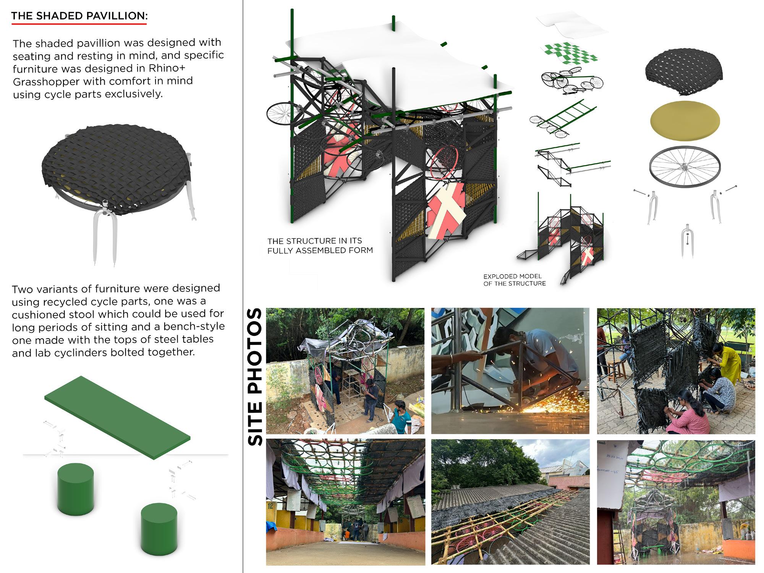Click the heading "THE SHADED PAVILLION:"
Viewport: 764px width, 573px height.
[x=79, y=16]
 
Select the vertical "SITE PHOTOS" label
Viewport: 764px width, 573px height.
[x=255, y=377]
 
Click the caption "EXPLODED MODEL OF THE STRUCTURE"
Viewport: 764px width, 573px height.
[x=514, y=280]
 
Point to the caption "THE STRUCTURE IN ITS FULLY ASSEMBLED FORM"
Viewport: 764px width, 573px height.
[x=320, y=246]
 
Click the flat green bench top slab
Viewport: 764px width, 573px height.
[x=117, y=417]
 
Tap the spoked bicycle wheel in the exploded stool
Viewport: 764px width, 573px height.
[x=685, y=167]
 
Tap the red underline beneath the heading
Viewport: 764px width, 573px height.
[x=79, y=24]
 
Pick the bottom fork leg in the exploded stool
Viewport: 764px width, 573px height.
[x=687, y=241]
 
